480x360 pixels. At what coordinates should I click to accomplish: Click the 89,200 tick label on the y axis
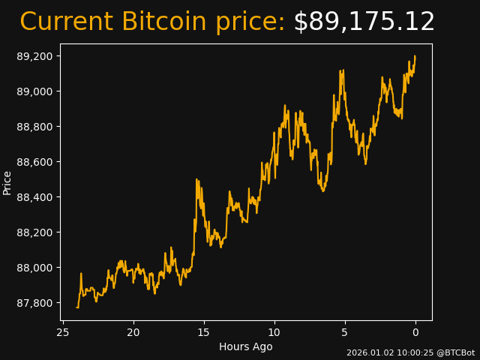pos(35,56)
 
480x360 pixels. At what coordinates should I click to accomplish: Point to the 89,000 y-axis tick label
pos(35,91)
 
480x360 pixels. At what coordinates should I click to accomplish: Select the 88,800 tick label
pos(35,127)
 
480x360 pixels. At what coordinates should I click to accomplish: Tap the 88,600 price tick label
pos(35,162)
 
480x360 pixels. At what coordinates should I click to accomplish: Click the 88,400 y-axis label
pos(35,197)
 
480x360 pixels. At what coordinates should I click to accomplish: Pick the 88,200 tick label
pos(35,232)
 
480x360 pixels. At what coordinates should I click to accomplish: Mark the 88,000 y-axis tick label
pos(35,268)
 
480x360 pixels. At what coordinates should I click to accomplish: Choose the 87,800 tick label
pos(35,303)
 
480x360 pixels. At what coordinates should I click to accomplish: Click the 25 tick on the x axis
pos(63,332)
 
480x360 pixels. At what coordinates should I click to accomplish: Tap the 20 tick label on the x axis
pos(133,332)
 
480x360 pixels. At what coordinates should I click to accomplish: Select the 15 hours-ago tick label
pos(204,332)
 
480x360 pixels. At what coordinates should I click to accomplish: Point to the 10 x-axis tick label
pos(274,332)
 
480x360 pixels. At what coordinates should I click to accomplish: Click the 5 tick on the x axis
pos(345,332)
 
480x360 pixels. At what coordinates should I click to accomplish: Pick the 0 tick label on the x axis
pos(415,332)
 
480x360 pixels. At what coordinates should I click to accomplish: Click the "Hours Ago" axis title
pos(246,346)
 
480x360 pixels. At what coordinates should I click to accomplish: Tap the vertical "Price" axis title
pos(7,182)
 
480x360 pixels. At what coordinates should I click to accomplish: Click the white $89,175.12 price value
pos(364,22)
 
